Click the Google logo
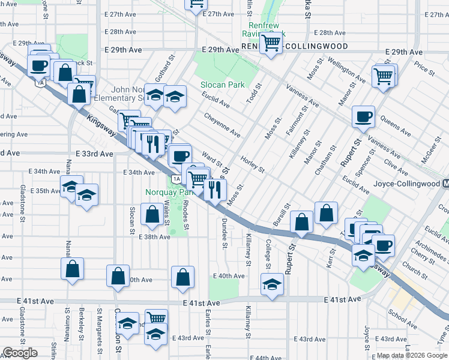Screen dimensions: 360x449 pos(20,353)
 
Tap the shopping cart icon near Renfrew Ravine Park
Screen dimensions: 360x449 pos(271,43)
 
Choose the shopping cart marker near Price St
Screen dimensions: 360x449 pos(382,76)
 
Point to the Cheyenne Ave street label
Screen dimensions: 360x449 pos(222,124)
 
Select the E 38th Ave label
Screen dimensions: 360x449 pos(154,237)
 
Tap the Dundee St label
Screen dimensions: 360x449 pos(224,231)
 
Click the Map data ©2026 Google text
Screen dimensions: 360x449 pos(412,356)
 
